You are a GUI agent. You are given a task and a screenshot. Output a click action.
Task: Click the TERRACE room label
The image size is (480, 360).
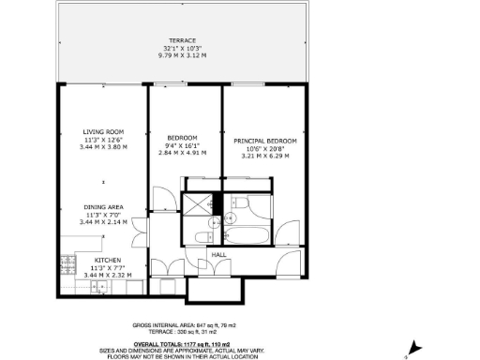pos(182,41)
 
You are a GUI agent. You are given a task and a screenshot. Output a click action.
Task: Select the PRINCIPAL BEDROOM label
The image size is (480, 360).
pos(265,141)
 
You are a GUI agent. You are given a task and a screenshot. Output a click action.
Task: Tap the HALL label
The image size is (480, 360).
pos(218,254)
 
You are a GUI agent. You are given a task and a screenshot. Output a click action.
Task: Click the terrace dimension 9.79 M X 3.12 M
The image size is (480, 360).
pos(182,55)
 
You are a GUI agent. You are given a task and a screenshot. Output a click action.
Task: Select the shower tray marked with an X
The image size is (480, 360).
pos(198,202)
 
